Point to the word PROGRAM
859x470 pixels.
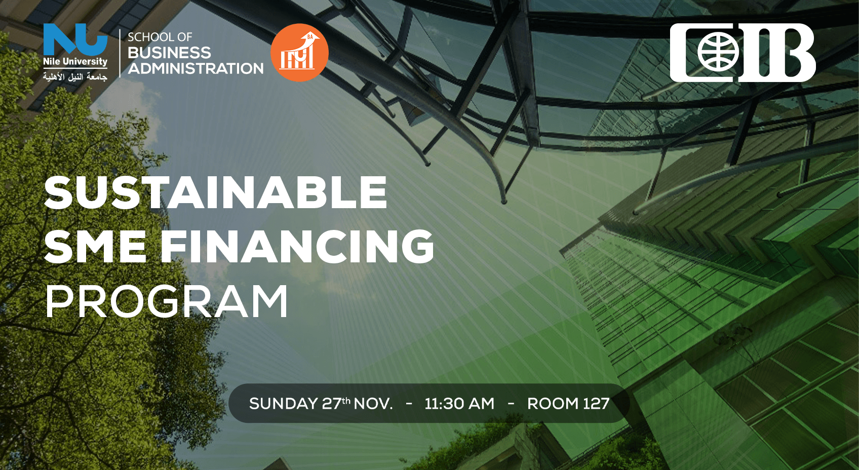[167, 301]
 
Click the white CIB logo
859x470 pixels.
[743, 53]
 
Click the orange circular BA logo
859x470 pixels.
[299, 53]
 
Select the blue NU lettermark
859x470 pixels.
[75, 40]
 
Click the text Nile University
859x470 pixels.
[75, 62]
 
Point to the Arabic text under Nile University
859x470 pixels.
[75, 76]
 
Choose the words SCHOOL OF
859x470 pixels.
[160, 37]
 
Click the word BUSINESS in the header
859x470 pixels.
[169, 53]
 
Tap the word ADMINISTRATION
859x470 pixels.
[196, 68]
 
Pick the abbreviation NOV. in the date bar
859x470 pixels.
[373, 403]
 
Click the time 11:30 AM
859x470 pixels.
[459, 403]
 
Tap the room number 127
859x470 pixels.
[596, 403]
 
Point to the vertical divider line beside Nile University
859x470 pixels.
[121, 53]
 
